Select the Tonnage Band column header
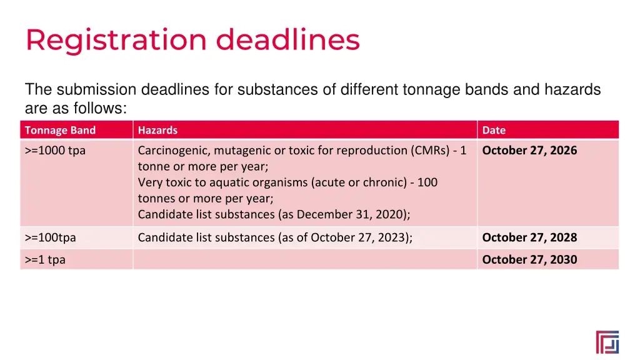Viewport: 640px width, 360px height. click(x=60, y=130)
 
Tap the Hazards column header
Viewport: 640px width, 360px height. click(x=157, y=130)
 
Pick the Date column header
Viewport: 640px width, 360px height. click(x=494, y=130)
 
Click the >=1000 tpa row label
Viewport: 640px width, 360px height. click(x=55, y=150)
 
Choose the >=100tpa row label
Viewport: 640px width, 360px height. click(x=51, y=237)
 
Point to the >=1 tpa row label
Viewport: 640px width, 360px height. click(x=45, y=259)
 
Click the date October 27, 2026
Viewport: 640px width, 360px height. click(x=529, y=150)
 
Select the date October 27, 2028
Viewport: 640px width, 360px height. click(x=529, y=237)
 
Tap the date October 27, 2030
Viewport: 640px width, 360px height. click(x=529, y=259)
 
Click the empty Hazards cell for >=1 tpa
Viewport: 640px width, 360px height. click(x=304, y=259)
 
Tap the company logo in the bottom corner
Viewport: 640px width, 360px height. click(x=607, y=342)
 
